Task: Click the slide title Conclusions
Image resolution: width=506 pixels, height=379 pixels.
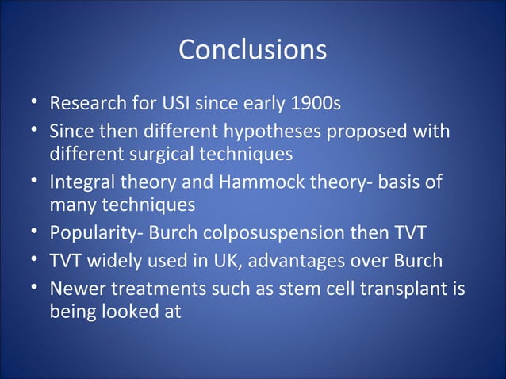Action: [x=252, y=49]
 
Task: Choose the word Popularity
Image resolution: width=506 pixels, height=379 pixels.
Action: [x=89, y=235]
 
